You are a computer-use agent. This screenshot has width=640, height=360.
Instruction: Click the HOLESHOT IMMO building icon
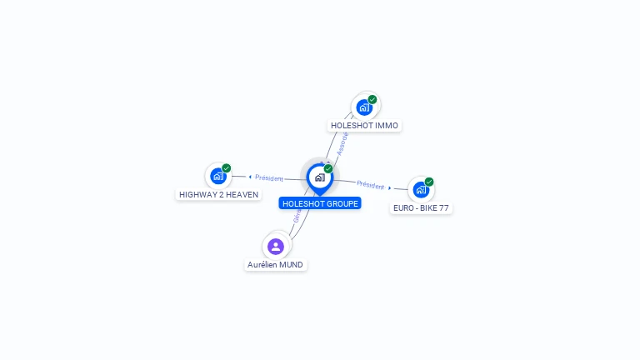(x=364, y=107)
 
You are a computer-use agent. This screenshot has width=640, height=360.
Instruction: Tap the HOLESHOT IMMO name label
(x=365, y=126)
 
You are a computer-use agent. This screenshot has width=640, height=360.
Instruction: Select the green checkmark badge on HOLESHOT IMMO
(x=372, y=99)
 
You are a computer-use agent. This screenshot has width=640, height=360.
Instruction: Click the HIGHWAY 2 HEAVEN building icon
(x=218, y=176)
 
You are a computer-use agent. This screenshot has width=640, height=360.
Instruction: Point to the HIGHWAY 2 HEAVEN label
(x=218, y=195)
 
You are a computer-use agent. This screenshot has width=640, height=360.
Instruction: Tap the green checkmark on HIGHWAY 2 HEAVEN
(x=227, y=168)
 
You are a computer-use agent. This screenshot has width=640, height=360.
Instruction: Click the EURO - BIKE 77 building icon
(x=421, y=189)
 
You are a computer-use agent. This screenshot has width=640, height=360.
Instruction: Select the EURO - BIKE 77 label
(x=421, y=207)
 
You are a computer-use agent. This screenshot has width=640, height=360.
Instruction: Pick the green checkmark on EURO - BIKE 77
(x=429, y=182)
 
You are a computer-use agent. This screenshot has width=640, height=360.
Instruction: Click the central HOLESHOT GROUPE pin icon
(x=319, y=177)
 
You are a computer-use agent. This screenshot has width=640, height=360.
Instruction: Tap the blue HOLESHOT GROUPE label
(x=320, y=203)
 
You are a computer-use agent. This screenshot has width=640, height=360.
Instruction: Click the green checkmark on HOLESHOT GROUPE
(x=328, y=169)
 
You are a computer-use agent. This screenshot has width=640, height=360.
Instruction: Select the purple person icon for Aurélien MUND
(x=276, y=247)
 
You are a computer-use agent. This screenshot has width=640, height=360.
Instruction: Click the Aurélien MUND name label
(x=276, y=265)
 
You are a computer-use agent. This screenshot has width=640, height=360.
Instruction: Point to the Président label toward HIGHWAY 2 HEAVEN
(x=269, y=177)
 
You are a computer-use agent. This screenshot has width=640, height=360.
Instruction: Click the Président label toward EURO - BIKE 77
(x=371, y=185)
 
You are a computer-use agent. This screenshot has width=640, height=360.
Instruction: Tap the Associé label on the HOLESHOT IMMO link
(x=342, y=143)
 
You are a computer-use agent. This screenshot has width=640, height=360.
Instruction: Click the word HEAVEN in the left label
(x=242, y=195)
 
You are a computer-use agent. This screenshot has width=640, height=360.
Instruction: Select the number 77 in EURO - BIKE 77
(x=443, y=207)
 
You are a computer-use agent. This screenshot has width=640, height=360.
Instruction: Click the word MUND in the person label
(x=291, y=265)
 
